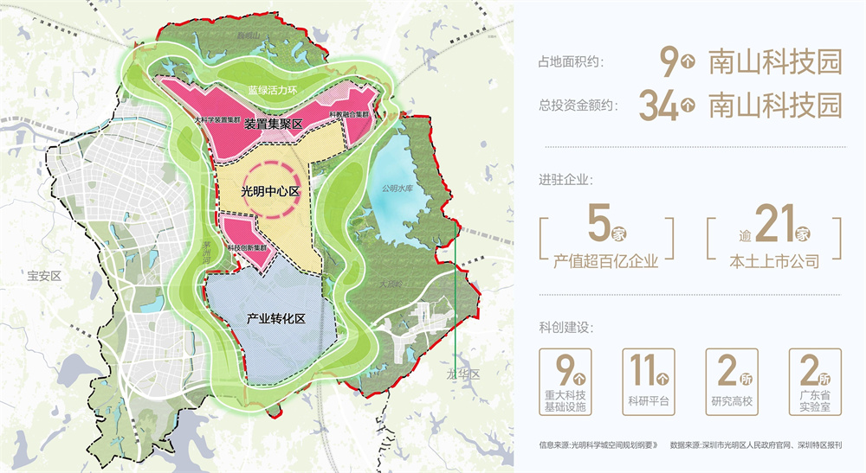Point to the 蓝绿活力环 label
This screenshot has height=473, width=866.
270,89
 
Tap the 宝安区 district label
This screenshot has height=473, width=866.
42,276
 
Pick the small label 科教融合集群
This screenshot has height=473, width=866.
351,115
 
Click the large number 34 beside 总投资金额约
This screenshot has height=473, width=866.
657,105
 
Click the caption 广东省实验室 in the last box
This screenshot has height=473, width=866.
814,402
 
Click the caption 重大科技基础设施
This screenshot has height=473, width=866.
565,402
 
